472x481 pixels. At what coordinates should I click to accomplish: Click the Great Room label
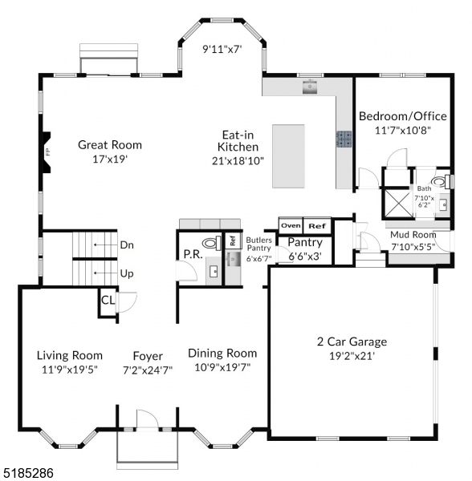point(110,145)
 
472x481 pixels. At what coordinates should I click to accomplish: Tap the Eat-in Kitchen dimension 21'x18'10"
point(238,160)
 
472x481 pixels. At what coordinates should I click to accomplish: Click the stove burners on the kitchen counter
point(344,139)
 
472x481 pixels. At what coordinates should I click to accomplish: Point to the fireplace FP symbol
point(48,151)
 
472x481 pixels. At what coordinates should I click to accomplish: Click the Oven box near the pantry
point(291,225)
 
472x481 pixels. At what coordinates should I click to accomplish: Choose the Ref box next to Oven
point(318,225)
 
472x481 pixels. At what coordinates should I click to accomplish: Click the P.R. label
point(192,255)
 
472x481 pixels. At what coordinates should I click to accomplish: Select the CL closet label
point(107,301)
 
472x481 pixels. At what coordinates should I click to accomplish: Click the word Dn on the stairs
point(127,245)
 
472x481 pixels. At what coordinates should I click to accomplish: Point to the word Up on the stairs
point(127,273)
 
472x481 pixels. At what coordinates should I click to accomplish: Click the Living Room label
point(70,355)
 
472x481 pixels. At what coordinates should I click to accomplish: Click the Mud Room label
point(413,235)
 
